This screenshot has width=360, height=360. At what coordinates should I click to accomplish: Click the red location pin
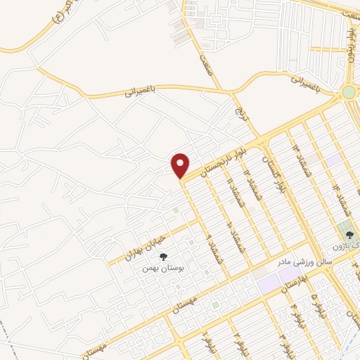181,165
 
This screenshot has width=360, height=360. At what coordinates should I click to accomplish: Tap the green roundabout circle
349,92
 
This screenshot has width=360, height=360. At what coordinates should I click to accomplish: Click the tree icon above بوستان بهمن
164,257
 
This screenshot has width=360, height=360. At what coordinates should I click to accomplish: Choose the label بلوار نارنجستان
224,160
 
